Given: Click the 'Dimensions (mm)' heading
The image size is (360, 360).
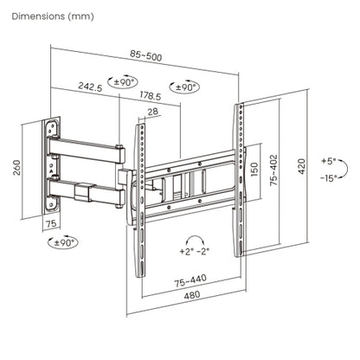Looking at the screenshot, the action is (53, 16).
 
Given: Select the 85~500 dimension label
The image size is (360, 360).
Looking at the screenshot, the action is (146, 55).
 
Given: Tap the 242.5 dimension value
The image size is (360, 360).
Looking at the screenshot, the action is (90, 87).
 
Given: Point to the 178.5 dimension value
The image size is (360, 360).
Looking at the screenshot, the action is (151, 95).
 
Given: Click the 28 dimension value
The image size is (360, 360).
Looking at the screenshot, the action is (153, 112).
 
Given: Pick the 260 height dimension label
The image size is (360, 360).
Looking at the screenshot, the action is (17, 168).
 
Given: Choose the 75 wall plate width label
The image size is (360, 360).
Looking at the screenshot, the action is (51, 224).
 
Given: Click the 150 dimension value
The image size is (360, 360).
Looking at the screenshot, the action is (254, 170).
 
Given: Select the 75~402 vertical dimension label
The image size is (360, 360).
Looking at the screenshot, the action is (273, 170).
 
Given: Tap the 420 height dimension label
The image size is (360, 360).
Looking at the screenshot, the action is (301, 166).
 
